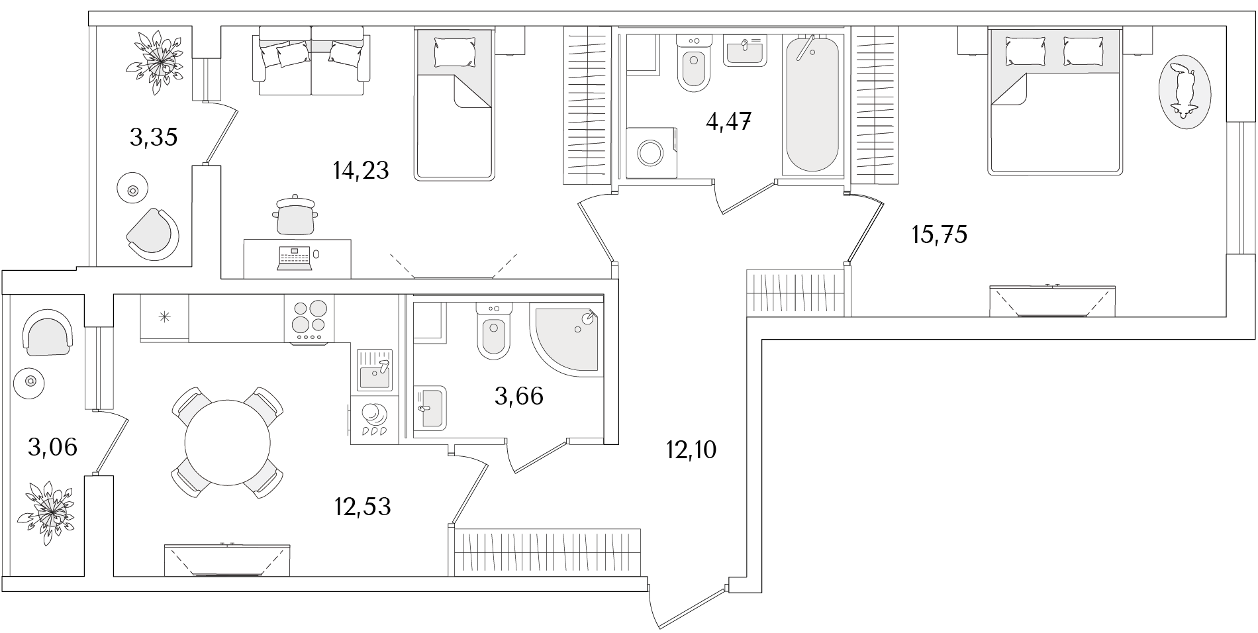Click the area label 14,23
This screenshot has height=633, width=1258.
pos(361,171)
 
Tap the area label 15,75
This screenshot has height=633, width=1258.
pos(940,234)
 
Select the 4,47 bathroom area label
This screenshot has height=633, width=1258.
pos(728,121)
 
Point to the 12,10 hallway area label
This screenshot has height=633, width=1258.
pos(691,451)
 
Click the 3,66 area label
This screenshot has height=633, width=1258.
pos(519,396)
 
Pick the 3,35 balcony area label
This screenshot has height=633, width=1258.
pos(154,138)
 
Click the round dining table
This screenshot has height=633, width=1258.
pos(228,442)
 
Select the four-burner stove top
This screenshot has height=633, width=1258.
pos(309,319)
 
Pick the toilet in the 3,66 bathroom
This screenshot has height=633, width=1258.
pos(493,330)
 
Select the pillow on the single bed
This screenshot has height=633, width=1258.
pos(455,52)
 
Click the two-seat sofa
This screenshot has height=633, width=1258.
pos(311,61)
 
